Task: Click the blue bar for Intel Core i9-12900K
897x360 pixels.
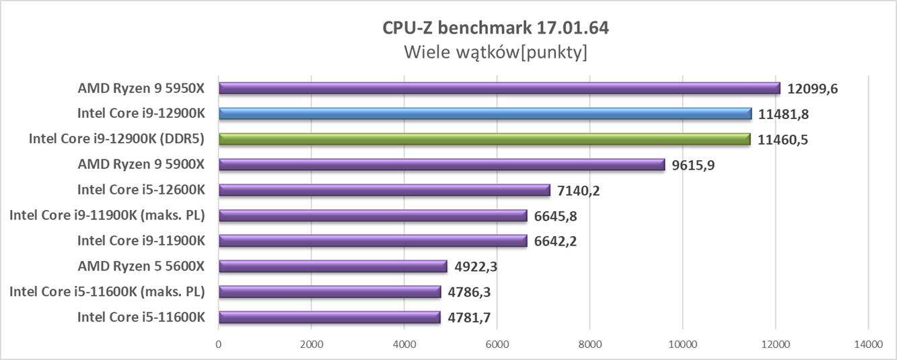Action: [485, 114]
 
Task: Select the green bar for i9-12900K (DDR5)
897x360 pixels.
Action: [484, 139]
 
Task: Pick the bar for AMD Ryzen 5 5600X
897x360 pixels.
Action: [332, 266]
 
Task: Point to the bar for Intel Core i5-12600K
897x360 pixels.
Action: [384, 190]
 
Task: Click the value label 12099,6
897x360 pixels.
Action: [815, 89]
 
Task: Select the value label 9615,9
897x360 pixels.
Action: [693, 165]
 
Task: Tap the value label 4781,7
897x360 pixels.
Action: [474, 318]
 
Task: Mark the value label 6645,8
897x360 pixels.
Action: [555, 216]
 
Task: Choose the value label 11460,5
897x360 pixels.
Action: [785, 139]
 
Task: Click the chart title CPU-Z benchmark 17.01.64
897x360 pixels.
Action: [495, 28]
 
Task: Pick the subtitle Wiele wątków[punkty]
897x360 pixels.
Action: [495, 52]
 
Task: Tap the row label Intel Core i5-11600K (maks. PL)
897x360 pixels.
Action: [106, 292]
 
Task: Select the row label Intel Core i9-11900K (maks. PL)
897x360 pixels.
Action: [106, 216]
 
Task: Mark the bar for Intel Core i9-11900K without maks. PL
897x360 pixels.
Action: [373, 241]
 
